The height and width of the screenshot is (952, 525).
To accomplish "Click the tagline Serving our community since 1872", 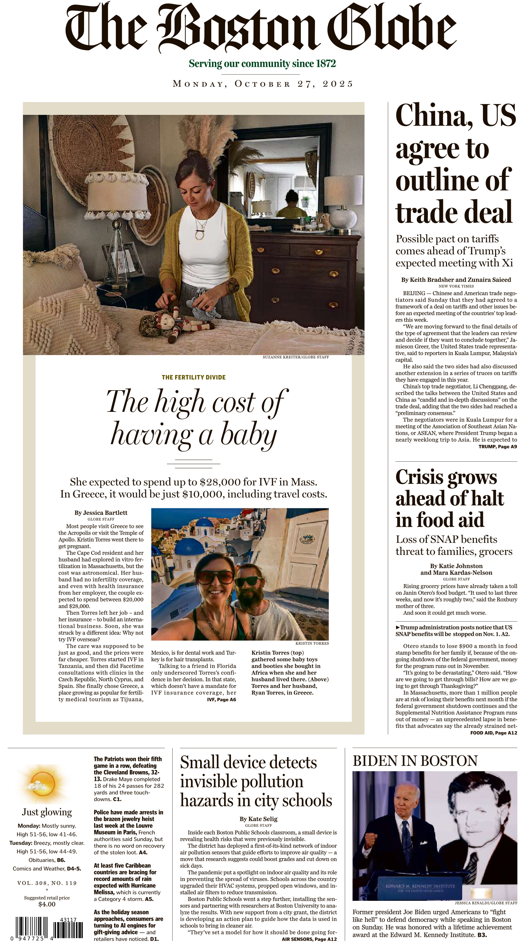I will coord(262,64).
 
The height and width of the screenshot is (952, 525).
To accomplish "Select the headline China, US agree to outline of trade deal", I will coord(455,164).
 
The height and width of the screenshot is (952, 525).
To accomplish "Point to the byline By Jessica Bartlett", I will coord(101,513).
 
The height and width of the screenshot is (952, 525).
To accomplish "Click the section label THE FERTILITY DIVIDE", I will coord(194,377).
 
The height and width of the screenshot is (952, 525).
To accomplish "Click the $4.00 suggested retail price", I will coord(47,904).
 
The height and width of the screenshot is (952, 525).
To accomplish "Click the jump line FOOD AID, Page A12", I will coord(493,732).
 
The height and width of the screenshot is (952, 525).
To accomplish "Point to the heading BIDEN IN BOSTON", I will coord(415,761).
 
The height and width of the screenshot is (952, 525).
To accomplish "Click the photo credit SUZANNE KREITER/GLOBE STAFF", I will coord(296,357).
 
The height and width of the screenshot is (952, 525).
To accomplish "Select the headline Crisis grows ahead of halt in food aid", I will coord(450,498).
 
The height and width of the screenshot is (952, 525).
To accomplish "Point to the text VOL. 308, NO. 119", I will coord(47,883).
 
